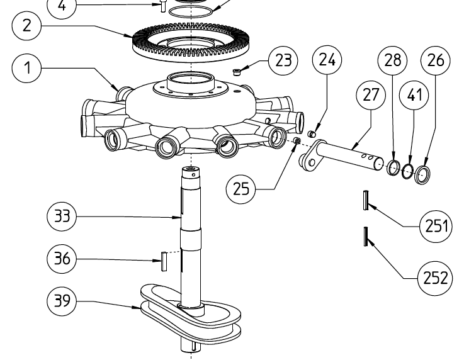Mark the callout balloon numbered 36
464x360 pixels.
[62, 259]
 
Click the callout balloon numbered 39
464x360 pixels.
[62, 301]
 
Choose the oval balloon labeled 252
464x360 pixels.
[435, 276]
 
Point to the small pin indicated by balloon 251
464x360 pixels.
[365, 200]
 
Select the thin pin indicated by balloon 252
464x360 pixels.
[365, 237]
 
